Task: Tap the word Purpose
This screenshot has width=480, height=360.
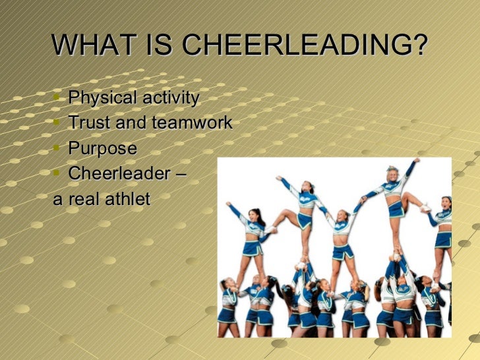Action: click(102, 148)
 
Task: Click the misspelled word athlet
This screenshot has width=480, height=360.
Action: click(128, 198)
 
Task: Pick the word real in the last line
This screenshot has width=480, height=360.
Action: click(82, 198)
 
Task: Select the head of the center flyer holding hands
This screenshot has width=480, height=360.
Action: click(342, 216)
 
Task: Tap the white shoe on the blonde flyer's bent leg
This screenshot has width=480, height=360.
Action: click(425, 208)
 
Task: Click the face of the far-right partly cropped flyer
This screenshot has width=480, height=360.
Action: click(446, 202)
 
